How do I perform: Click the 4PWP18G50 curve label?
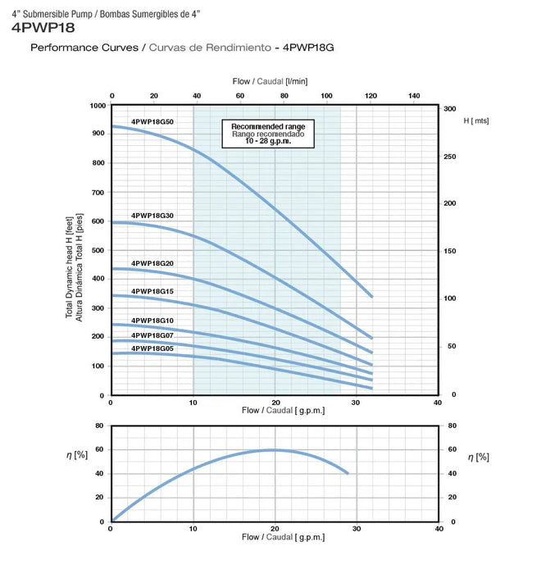click(152, 121)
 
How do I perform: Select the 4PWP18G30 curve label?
click(152, 215)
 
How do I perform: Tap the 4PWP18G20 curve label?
click(152, 263)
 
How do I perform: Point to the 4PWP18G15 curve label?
click(152, 291)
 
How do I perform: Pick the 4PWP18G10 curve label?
click(152, 320)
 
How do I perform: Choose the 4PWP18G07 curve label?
click(152, 335)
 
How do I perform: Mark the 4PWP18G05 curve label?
click(152, 348)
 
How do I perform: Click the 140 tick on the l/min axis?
click(414, 97)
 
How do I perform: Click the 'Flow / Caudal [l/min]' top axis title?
click(281, 81)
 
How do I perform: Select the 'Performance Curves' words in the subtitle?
click(84, 48)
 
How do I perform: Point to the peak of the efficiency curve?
click(274, 449)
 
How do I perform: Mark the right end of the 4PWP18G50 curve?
click(372, 297)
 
